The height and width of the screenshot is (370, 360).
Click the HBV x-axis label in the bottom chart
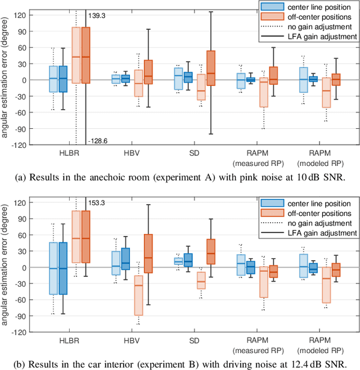point(133,340)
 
